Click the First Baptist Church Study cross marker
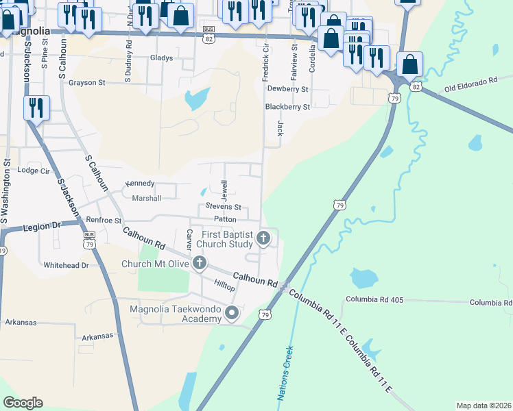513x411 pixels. coord(263,238)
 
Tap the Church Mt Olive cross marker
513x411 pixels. coord(200,263)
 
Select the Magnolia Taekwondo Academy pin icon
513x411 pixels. coord(232,314)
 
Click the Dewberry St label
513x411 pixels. coord(288,89)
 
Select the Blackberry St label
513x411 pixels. coord(288,107)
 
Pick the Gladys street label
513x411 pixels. coord(162,58)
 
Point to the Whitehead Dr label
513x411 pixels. coord(66,264)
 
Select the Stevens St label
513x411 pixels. coord(224,207)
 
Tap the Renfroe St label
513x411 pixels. coord(104,221)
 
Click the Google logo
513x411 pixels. coord(23,403)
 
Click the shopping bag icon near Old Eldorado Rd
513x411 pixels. coord(409,65)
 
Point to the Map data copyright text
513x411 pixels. coord(483,406)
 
